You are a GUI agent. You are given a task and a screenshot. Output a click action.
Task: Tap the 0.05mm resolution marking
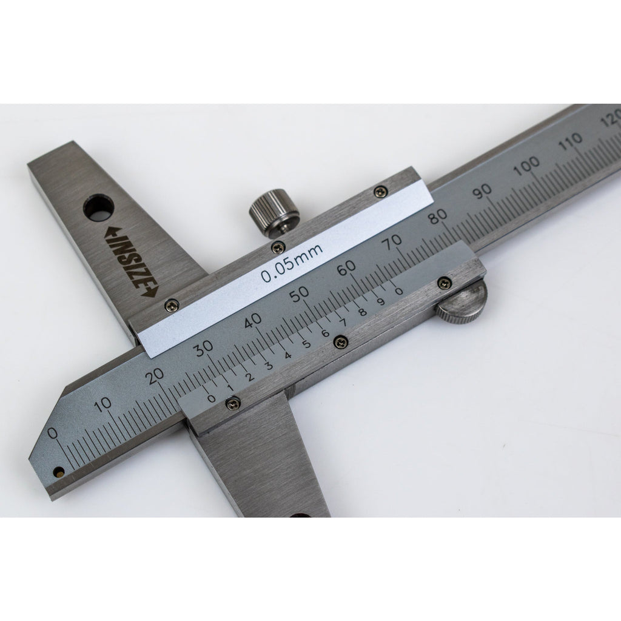pyautogui.click(x=292, y=263)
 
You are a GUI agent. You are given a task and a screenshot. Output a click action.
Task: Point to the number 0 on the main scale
pyautogui.click(x=52, y=433)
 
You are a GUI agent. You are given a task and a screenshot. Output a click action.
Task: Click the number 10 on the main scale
pyautogui.click(x=103, y=404)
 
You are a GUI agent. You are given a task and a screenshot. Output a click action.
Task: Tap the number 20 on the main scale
pyautogui.click(x=155, y=376)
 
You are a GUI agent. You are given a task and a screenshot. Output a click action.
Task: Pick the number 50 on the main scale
pyautogui.click(x=299, y=294)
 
